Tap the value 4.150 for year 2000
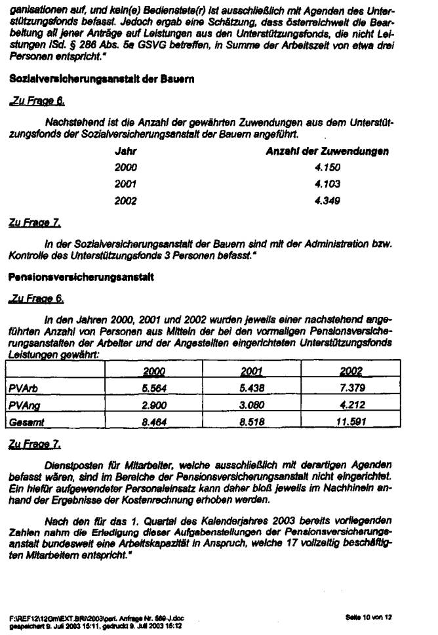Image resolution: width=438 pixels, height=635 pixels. pos(327,167)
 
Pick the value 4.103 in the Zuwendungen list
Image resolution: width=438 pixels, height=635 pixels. pos(327,184)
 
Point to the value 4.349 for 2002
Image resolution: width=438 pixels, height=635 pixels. pos(327,201)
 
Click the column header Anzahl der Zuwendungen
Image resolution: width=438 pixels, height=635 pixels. pos(327,151)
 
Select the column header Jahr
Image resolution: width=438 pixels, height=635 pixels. pos(125,151)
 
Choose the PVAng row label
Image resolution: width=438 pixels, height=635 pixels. pos(23,405)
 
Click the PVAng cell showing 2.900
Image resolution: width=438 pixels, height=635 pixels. pos(154,405)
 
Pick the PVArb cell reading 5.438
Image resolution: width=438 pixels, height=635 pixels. pos(252,388)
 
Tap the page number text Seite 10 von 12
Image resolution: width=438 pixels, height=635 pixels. pos(367,617)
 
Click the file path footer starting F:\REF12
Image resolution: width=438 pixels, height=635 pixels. pos(92,617)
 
